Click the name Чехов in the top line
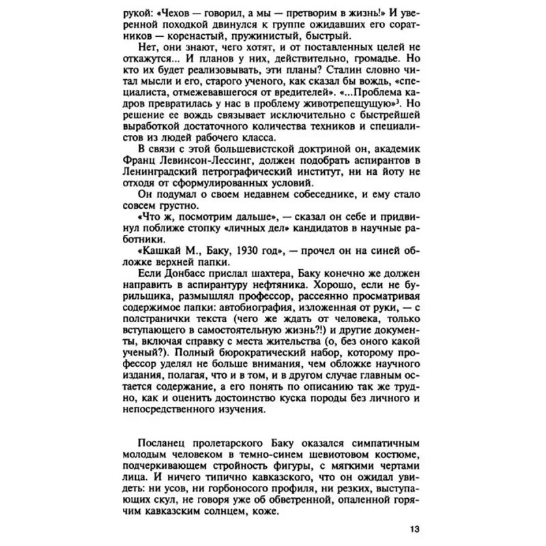(186, 13)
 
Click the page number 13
(416, 530)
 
